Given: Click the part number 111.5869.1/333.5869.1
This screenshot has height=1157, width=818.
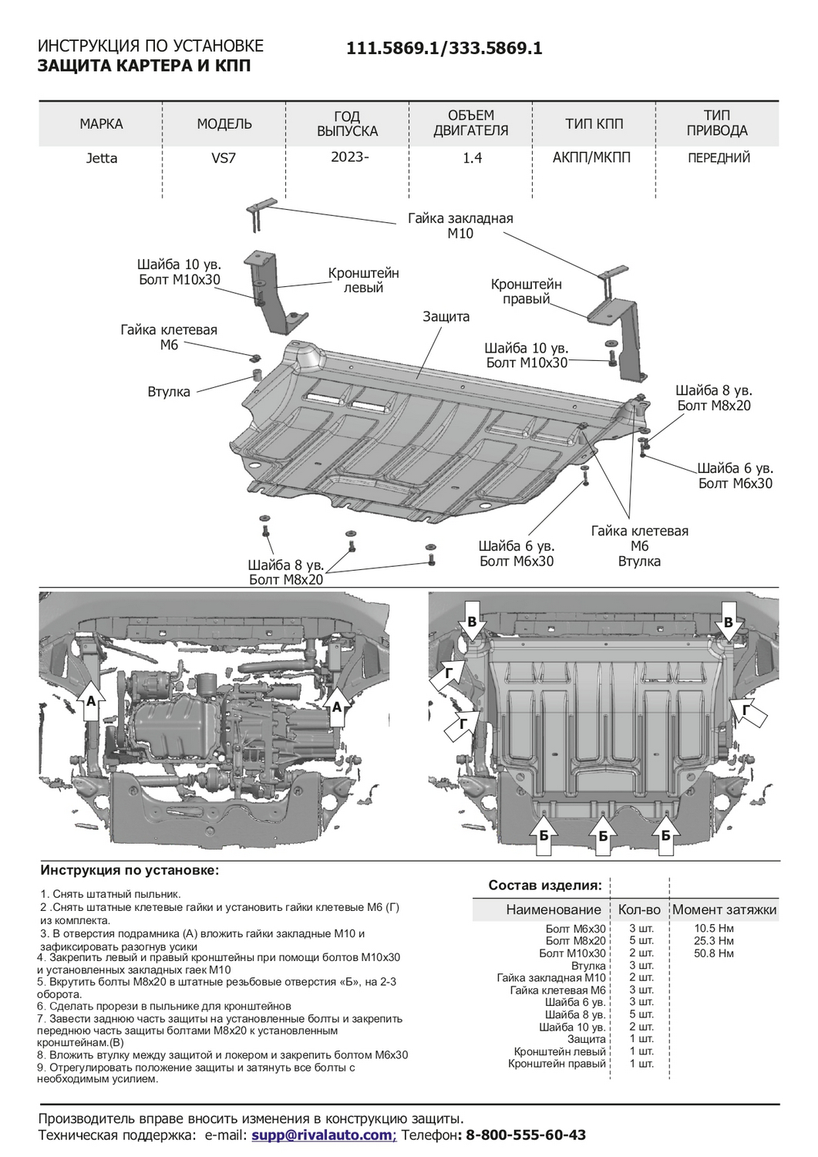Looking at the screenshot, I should tap(444, 48).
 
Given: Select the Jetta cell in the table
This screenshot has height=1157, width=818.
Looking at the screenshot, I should tap(102, 158).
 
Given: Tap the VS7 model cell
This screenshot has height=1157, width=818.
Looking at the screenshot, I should tap(224, 158).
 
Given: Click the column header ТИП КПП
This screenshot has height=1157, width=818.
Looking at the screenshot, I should tap(594, 123).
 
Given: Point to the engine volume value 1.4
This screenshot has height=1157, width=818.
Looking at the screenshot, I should tap(472, 158).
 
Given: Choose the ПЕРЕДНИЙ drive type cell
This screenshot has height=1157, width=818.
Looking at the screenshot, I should tap(719, 158).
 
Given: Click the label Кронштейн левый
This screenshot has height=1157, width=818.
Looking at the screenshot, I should tap(363, 280).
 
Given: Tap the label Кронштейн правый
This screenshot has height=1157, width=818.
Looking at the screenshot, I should tap(526, 292).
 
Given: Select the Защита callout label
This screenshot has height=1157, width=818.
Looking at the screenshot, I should tap(446, 316).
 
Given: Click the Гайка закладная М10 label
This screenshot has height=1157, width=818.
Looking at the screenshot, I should tap(460, 226).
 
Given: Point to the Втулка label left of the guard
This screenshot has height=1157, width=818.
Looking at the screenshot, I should tap(168, 392).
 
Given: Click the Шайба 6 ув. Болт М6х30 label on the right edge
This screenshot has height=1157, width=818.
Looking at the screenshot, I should tap(735, 476).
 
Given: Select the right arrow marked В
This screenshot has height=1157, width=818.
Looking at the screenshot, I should tap(728, 622).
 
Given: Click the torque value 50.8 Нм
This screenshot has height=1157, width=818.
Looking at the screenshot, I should tap(714, 953).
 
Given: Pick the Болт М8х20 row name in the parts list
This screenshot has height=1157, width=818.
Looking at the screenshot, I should tap(575, 941).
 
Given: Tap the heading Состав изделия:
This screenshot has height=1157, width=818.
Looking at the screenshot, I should tap(545, 885).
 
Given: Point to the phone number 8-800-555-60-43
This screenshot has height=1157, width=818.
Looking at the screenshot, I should tap(527, 1135).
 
